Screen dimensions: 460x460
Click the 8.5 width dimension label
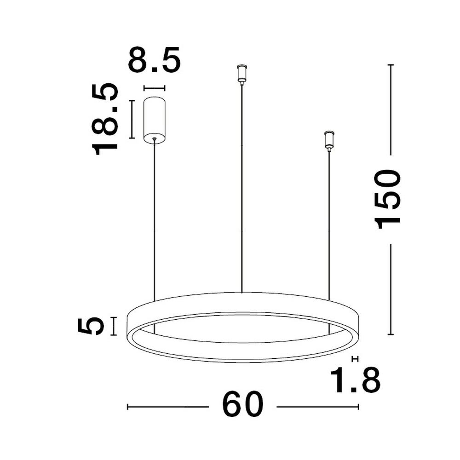pyautogui.click(x=154, y=60)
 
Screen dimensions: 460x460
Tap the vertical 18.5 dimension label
pyautogui.click(x=105, y=119)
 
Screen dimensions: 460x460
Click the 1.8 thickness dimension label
pyautogui.click(x=357, y=379)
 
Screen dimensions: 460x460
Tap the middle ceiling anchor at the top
pyautogui.click(x=241, y=74)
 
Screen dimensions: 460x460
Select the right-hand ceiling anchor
pyautogui.click(x=328, y=140)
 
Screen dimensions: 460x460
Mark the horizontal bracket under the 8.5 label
pyautogui.click(x=154, y=87)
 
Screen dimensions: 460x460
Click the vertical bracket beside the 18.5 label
pyautogui.click(x=132, y=119)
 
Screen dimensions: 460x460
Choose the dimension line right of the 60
pyautogui.click(x=317, y=407)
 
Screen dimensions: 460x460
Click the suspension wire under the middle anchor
pyautogui.click(x=241, y=184)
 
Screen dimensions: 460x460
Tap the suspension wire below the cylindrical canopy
pyautogui.click(x=154, y=216)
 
